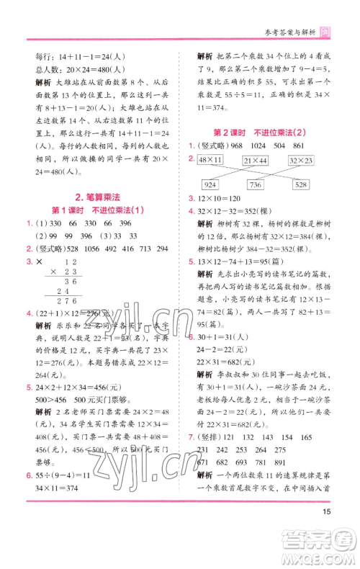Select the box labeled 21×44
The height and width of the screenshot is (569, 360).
[256, 159]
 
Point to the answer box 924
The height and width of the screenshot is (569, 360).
[214, 185]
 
